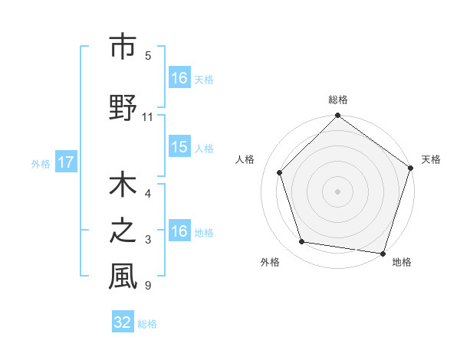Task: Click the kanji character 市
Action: coord(123,47)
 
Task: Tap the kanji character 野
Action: coord(123,108)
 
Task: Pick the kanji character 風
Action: coord(123,277)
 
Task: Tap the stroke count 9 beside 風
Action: coord(147,286)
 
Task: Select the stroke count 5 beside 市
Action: coord(147,56)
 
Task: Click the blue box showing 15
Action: coord(179,147)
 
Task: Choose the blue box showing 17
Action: coord(65,162)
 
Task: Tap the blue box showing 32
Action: coord(123,322)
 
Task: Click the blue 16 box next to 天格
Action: coord(179,78)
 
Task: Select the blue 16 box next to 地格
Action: coord(179,231)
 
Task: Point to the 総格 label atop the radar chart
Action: coord(338,100)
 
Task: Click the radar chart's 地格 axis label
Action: coord(402,262)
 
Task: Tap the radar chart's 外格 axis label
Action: coord(270,262)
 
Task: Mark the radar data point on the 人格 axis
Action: coord(280,172)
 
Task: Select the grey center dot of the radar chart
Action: coord(338,191)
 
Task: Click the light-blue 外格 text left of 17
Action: coord(41,163)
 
